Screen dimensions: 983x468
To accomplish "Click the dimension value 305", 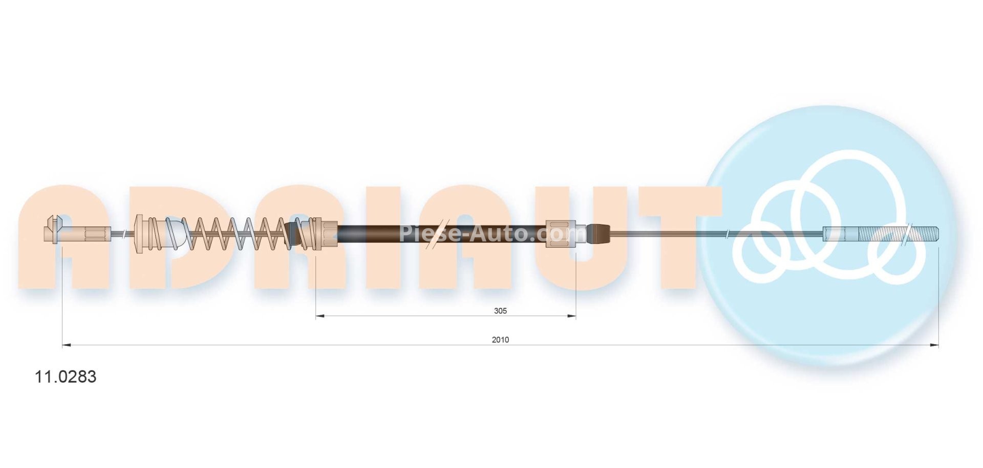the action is click(x=500, y=311).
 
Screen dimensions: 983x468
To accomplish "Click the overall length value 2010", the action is click(x=500, y=340).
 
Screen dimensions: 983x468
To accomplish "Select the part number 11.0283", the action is click(x=65, y=377).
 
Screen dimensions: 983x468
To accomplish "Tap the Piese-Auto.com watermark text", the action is click(x=491, y=233).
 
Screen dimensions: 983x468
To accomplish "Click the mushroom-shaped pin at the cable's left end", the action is click(x=53, y=228).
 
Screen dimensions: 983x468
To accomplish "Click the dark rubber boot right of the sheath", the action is click(x=598, y=234).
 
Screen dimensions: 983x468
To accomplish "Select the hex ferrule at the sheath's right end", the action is click(x=562, y=234).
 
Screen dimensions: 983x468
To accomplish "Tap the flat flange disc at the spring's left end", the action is click(x=138, y=234).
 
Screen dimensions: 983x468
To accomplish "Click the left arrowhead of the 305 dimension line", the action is click(x=319, y=317).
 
